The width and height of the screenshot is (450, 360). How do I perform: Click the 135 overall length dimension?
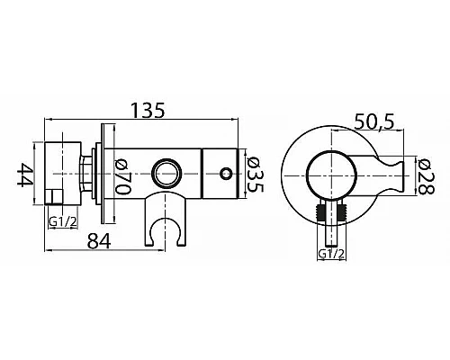pos(148,111)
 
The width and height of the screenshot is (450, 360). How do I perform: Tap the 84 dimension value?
pos(99,241)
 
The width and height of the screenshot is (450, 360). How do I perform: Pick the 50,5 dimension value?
pos(373,121)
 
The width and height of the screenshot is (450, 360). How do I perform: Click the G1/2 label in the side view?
pos(63,221)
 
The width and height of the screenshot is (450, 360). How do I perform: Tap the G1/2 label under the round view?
pos(331,254)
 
